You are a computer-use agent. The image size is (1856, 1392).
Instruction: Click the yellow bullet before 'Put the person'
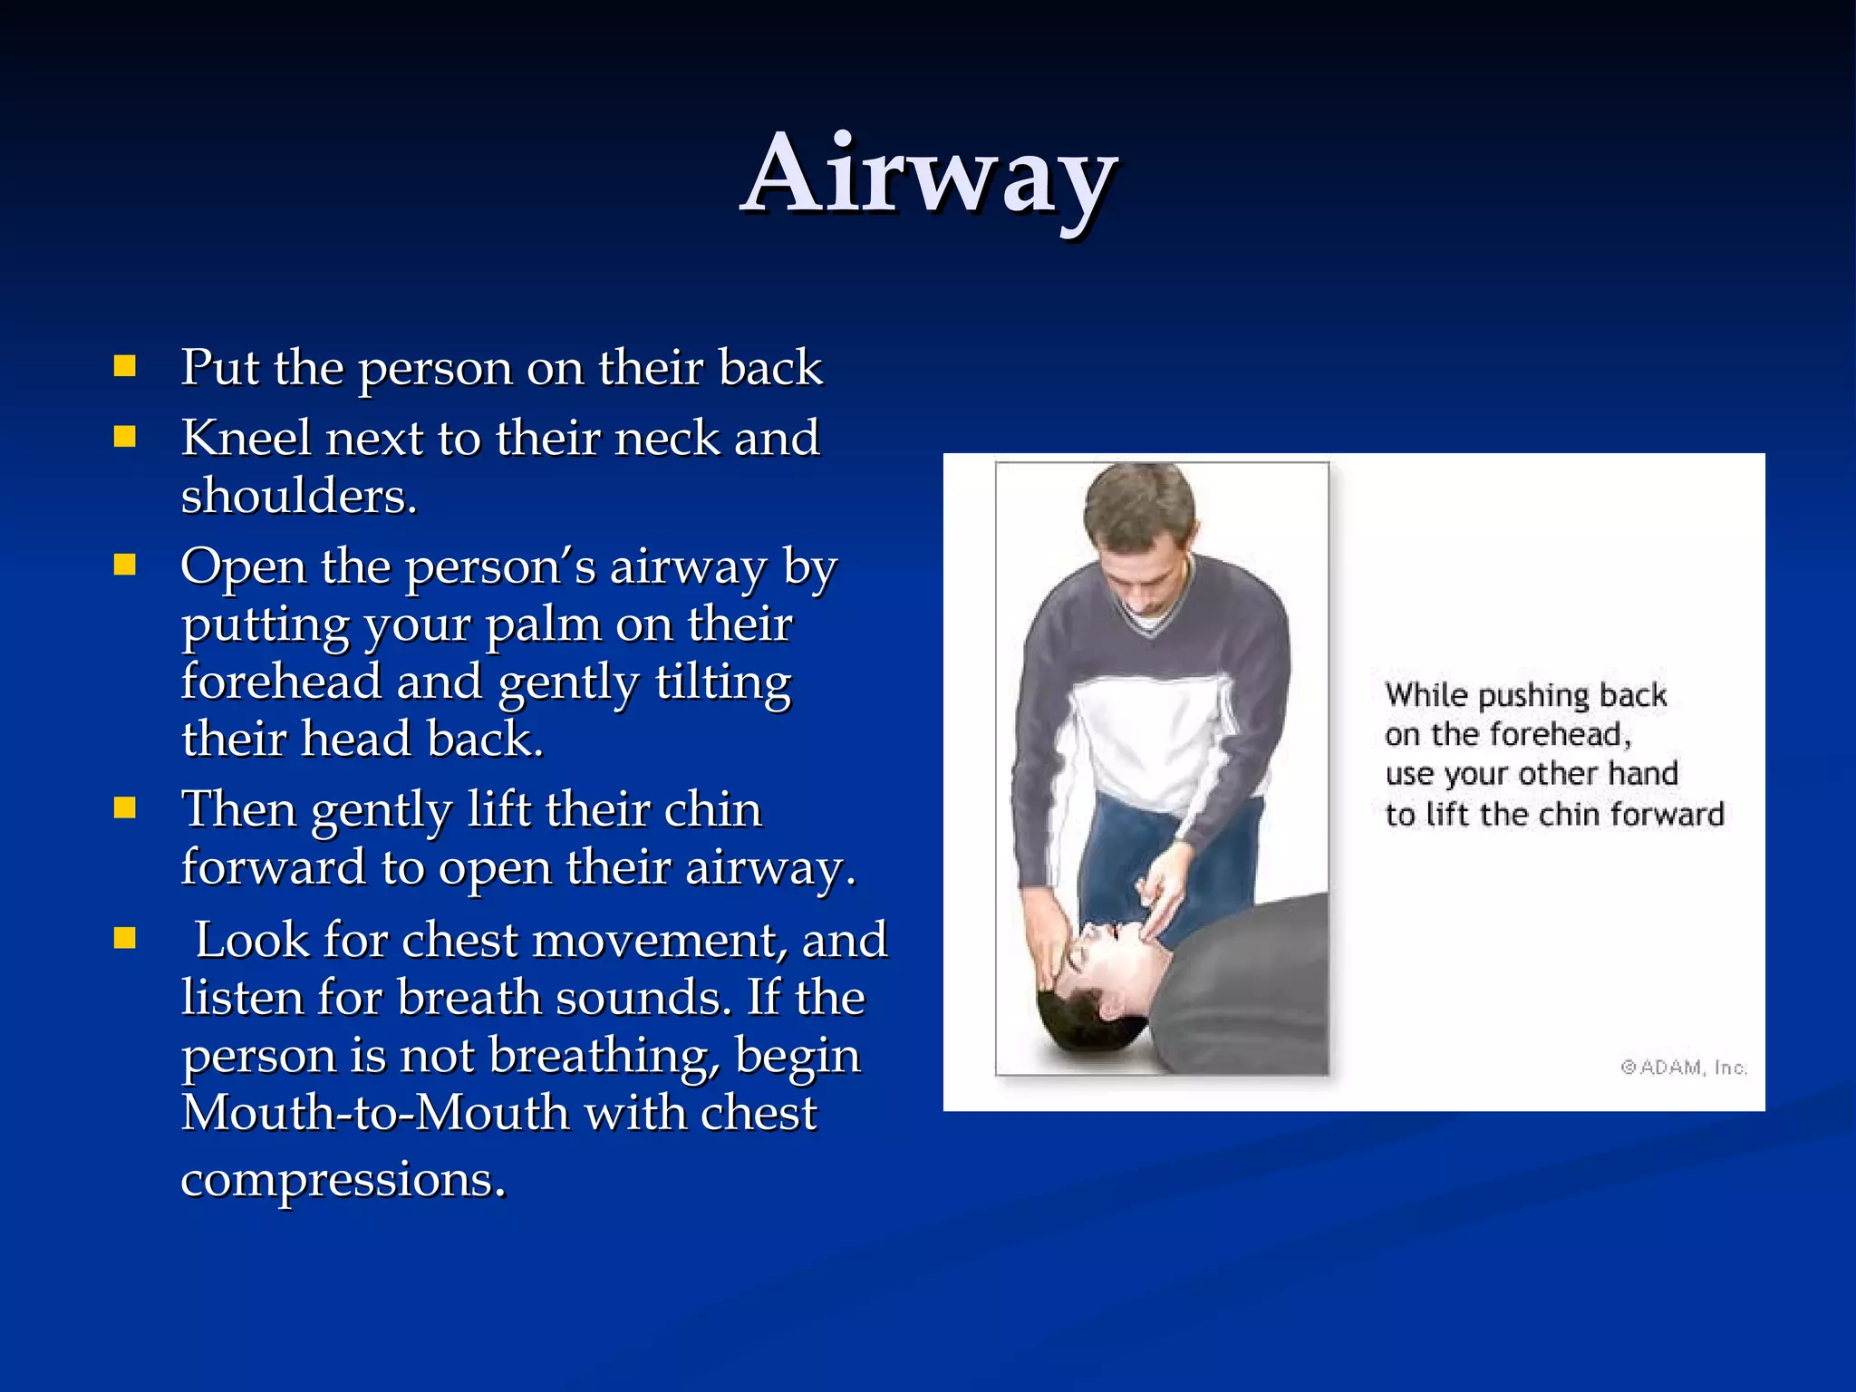125,366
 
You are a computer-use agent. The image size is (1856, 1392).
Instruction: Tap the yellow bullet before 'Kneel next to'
125,438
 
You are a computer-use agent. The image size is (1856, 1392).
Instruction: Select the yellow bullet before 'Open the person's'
125,565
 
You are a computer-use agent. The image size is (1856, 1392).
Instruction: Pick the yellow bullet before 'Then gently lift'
125,807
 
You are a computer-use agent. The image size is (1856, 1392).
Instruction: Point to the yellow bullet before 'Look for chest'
125,938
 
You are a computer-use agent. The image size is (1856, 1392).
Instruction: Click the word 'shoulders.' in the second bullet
299,497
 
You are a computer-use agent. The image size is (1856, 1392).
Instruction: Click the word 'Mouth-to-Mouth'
374,1113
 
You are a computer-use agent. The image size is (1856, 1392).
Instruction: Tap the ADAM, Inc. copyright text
1684,1068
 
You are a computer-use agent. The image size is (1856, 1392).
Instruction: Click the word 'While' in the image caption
1426,695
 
